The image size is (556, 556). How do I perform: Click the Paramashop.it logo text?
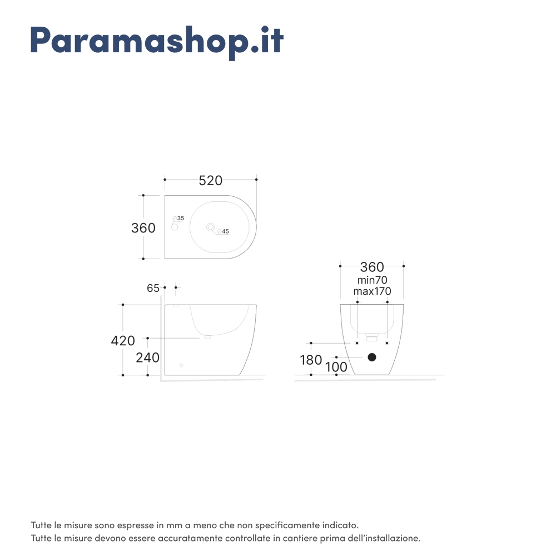click(x=157, y=41)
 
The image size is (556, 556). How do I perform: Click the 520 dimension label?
click(x=211, y=181)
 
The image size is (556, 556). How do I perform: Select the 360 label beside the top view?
click(x=143, y=227)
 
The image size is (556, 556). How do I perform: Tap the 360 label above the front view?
click(x=372, y=267)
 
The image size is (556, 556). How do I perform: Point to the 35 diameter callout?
click(x=181, y=219)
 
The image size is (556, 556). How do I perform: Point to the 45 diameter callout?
click(x=225, y=231)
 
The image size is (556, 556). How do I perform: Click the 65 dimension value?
click(x=153, y=288)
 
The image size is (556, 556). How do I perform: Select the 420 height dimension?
click(x=123, y=341)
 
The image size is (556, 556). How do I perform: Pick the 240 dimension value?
click(x=148, y=358)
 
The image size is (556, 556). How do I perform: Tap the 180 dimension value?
click(x=311, y=360)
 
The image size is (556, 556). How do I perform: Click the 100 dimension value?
click(x=336, y=367)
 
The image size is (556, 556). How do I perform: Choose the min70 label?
click(x=372, y=280)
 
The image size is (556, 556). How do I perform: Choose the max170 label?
click(x=372, y=291)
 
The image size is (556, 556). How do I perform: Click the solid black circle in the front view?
click(x=373, y=357)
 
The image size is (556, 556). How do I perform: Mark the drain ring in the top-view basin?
click(x=211, y=227)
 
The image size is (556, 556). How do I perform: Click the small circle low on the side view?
click(x=181, y=365)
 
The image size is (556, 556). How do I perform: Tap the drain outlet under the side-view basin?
click(x=207, y=336)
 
